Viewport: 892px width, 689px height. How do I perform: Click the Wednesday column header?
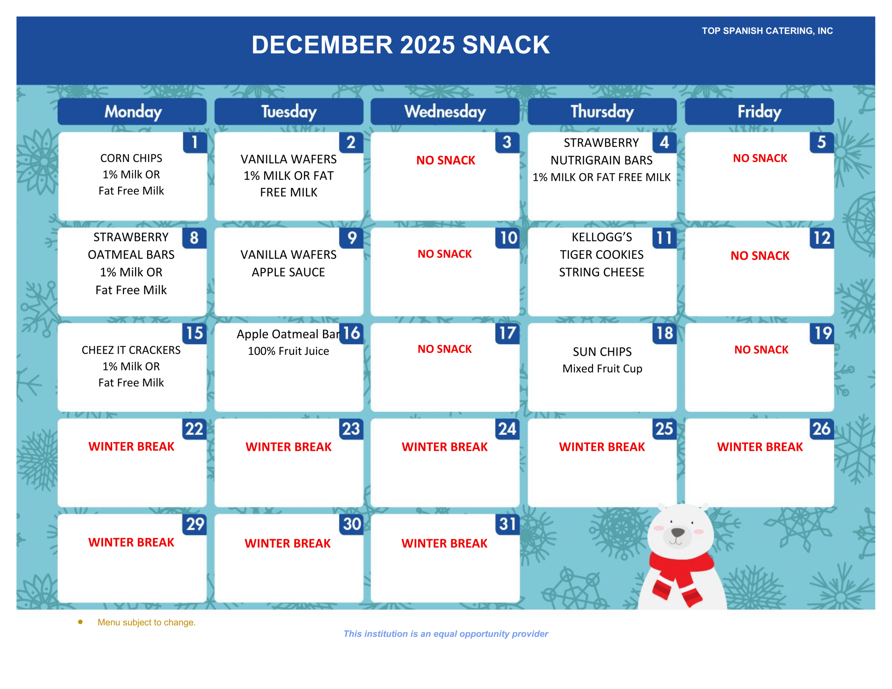pyautogui.click(x=445, y=111)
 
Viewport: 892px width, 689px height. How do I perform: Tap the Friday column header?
pyautogui.click(x=759, y=111)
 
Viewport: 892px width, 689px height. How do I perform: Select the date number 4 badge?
pyautogui.click(x=664, y=142)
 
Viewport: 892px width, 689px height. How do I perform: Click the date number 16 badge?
pyautogui.click(x=351, y=333)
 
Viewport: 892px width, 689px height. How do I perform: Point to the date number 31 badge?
pyautogui.click(x=507, y=524)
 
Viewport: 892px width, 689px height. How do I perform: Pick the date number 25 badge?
pyautogui.click(x=664, y=429)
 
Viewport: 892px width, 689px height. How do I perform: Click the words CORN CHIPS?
pyautogui.click(x=131, y=158)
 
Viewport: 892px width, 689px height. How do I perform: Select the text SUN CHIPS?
pyautogui.click(x=602, y=352)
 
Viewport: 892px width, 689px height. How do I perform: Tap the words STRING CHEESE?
pyautogui.click(x=602, y=272)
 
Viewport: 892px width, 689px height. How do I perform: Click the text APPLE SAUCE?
pyautogui.click(x=289, y=272)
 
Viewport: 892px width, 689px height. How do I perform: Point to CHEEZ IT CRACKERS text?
pyautogui.click(x=131, y=350)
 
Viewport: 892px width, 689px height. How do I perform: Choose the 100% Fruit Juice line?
pyautogui.click(x=289, y=351)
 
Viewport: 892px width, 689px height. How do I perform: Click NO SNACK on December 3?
pyautogui.click(x=446, y=160)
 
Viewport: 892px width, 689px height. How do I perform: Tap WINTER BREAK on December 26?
pyautogui.click(x=760, y=447)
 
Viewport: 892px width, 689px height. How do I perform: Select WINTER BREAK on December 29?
pyautogui.click(x=131, y=542)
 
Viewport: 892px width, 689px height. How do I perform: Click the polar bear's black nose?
pyautogui.click(x=678, y=532)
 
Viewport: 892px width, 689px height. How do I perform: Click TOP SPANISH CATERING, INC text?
pyautogui.click(x=767, y=31)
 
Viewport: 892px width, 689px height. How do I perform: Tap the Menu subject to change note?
pyautogui.click(x=147, y=622)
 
